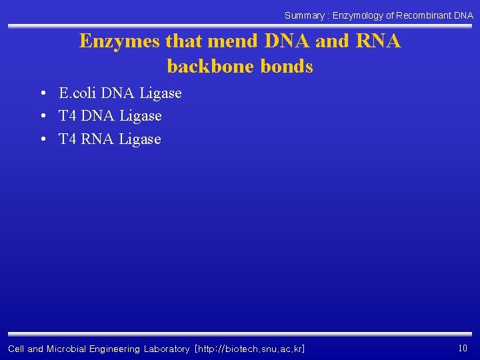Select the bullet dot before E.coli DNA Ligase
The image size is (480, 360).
coord(43,93)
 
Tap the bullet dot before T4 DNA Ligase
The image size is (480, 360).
coord(43,117)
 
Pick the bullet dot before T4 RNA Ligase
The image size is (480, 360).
coord(43,139)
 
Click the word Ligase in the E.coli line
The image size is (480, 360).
coord(160,93)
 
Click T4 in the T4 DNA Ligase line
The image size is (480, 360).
coord(67,116)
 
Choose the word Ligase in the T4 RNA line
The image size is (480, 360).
coord(140,139)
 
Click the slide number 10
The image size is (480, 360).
coord(463,347)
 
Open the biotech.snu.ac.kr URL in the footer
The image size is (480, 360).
coord(249,349)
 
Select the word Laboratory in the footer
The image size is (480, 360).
coord(167,349)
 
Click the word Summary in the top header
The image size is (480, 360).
coord(304,15)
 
